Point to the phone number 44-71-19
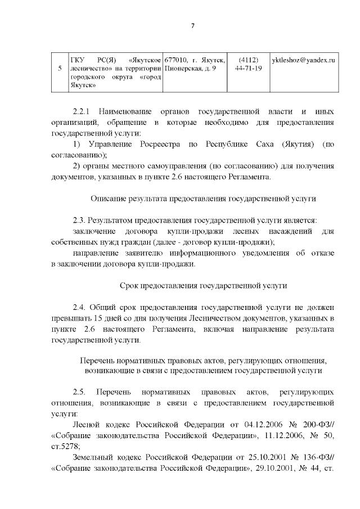click(x=248, y=69)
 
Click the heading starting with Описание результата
click(x=203, y=199)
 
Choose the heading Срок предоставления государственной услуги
click(x=203, y=285)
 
